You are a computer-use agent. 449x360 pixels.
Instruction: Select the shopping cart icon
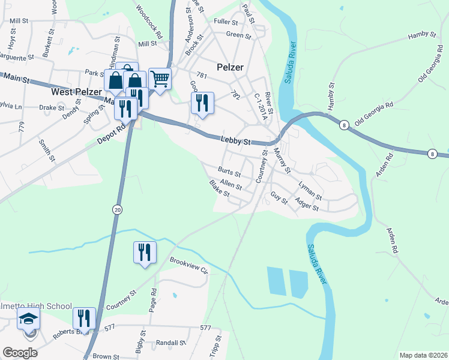pos(160,79)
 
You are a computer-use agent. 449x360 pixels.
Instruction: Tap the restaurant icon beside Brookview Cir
pos(144,252)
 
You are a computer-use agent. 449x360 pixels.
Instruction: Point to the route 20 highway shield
pos(116,208)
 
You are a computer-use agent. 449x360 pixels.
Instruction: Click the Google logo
pos(20,352)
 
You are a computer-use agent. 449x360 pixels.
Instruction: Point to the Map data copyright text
pos(423,355)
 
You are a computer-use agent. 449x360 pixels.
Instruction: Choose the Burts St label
pos(229,175)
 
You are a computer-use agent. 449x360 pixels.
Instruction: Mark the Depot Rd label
pos(113,134)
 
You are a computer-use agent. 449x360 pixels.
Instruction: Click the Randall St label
pos(169,344)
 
